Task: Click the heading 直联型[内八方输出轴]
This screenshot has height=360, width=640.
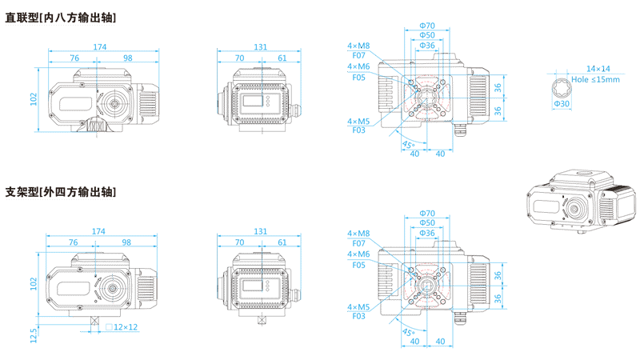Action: (x=61, y=17)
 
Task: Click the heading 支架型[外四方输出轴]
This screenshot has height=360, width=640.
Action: (x=61, y=192)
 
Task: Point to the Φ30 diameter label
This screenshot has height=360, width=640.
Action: (x=562, y=104)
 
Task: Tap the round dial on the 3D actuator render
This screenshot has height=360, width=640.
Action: (x=574, y=210)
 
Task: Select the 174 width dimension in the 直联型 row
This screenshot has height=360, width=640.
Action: (x=100, y=47)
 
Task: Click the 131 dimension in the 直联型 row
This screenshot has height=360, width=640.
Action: (x=261, y=47)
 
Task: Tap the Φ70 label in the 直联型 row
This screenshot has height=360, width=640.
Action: (x=427, y=26)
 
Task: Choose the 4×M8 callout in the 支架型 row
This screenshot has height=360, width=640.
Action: (x=358, y=233)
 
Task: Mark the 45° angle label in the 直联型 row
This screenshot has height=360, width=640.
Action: (x=408, y=145)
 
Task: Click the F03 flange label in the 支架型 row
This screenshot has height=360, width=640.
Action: (x=358, y=316)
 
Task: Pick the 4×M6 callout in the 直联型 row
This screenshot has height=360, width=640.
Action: (x=358, y=67)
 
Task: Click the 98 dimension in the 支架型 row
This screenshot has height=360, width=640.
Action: (x=126, y=242)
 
